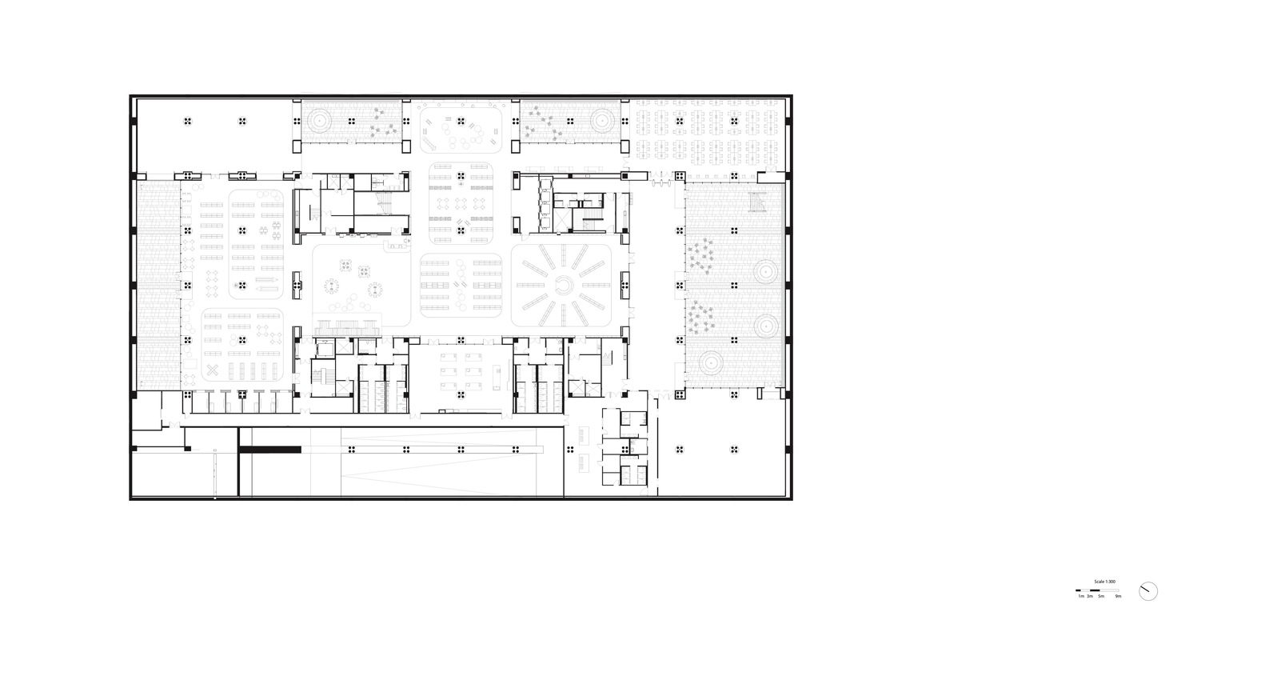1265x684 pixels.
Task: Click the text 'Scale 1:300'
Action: pos(1104,582)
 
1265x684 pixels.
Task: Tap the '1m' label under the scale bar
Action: pos(1080,597)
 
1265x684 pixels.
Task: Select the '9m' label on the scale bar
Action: pos(1118,597)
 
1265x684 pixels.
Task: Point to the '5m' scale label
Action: pos(1100,597)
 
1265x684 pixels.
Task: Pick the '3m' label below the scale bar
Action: pos(1090,597)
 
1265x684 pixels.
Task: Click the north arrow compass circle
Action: pos(1148,591)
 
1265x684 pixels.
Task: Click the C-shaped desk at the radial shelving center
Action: pos(563,286)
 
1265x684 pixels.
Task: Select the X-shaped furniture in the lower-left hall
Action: pos(213,370)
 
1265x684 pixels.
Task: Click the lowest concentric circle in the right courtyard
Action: pos(711,364)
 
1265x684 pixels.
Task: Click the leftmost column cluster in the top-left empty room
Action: pos(187,122)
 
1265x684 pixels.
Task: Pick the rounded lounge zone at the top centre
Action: pos(461,126)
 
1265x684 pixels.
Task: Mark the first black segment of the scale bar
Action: pos(1079,590)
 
